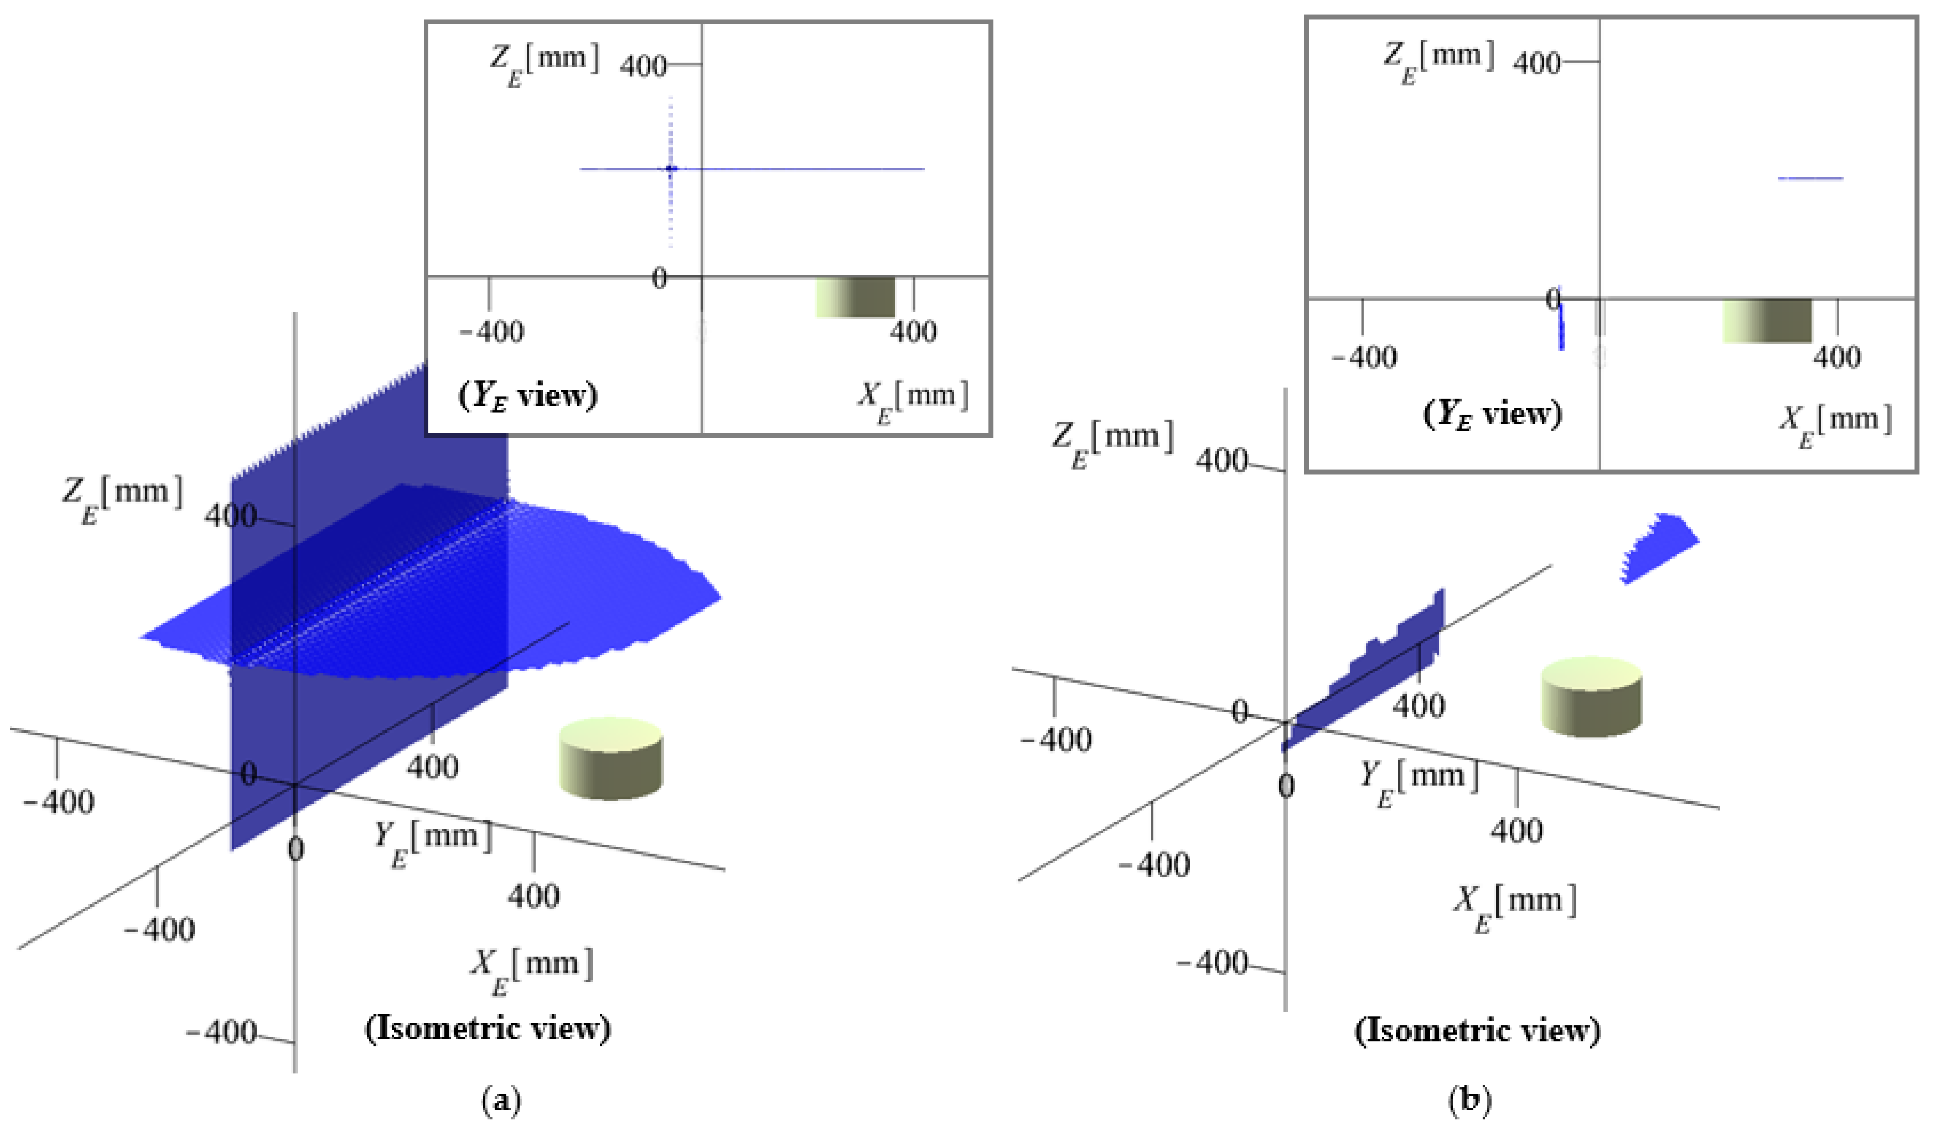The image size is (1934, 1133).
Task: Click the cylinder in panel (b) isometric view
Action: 1591,696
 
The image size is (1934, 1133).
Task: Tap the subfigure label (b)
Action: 1469,1101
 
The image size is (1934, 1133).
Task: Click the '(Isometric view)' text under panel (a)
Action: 488,1029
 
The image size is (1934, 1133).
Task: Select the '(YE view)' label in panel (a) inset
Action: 528,396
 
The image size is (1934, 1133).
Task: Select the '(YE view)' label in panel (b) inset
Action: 1493,414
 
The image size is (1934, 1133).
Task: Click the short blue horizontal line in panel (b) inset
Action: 1809,178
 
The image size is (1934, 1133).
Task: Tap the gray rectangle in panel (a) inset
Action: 854,297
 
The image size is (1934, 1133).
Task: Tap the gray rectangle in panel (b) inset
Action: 1767,320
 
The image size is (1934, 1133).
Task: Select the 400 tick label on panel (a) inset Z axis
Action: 643,66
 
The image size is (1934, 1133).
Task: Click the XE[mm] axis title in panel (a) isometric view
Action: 532,969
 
